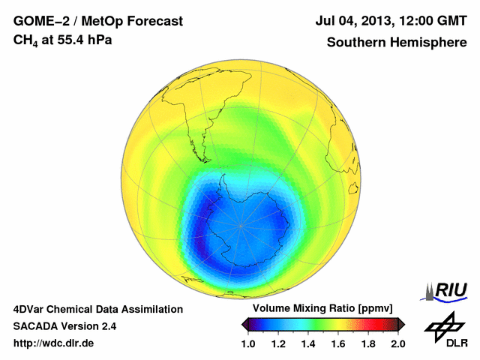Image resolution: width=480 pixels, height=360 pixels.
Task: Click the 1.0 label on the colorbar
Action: tap(250, 343)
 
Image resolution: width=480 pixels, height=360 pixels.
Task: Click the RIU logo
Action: tap(447, 289)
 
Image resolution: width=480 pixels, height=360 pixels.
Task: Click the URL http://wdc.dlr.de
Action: tap(53, 343)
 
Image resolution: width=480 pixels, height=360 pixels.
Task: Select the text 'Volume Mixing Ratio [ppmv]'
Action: tap(323, 309)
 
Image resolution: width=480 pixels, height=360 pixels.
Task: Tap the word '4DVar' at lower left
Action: tap(31, 309)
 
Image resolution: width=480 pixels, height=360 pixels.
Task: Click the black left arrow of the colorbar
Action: tap(245, 324)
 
